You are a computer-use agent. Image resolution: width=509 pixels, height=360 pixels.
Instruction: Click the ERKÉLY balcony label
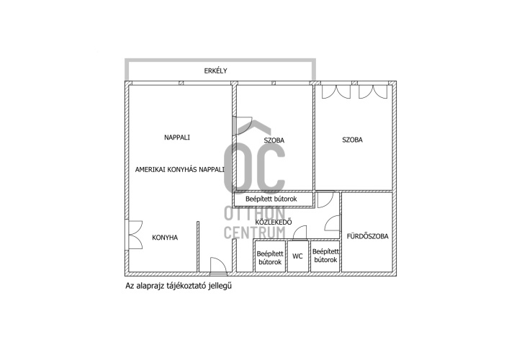215,71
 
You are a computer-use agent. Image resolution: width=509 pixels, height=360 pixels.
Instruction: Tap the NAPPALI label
177,138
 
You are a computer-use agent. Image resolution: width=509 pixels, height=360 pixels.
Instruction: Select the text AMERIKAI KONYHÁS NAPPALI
179,169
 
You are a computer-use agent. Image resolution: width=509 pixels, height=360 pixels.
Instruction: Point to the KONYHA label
165,238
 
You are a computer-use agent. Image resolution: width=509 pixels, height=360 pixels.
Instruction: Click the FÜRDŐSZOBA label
367,236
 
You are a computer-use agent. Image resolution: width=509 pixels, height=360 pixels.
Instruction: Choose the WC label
297,256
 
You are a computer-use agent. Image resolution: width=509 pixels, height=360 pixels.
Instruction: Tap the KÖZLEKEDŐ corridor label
274,222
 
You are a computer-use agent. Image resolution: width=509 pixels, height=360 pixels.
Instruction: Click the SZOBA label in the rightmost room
352,140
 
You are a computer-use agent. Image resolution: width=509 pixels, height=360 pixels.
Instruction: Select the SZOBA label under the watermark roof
274,140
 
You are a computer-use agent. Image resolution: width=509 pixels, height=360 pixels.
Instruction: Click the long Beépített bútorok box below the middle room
274,199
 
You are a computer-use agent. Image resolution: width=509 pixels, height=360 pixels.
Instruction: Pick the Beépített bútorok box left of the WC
270,256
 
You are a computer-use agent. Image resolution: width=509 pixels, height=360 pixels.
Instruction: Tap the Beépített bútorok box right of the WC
325,256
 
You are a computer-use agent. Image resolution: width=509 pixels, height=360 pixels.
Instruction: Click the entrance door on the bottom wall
218,265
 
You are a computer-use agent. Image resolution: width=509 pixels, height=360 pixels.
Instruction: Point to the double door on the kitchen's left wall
135,235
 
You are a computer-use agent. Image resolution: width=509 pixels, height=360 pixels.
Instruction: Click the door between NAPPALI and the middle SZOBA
242,125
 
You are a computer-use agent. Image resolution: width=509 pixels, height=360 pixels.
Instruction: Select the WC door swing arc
299,233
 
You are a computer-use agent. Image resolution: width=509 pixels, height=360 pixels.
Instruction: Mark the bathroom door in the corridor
332,223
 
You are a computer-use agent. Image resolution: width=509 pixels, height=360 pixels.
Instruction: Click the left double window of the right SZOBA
336,92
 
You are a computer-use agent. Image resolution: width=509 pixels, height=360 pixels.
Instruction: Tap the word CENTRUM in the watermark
255,233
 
